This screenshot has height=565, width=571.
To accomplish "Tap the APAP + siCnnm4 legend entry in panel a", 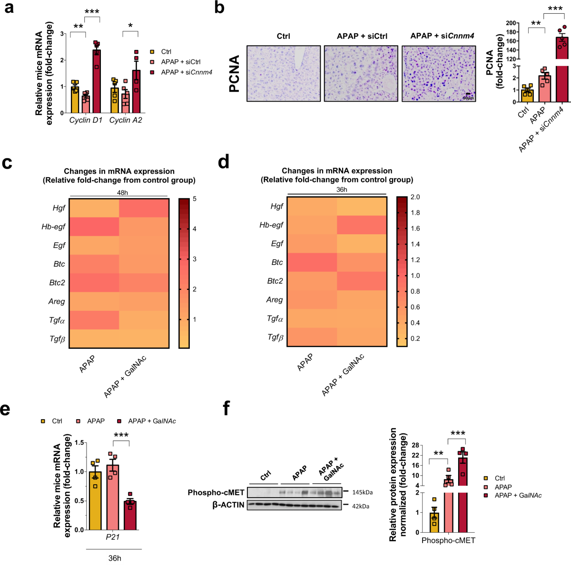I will point(186,72).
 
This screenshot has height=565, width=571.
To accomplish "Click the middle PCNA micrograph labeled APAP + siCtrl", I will point(361,74).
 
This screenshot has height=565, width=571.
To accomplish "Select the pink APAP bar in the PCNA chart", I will point(544,89).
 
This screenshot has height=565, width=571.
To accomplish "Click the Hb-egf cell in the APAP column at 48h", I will point(94,227).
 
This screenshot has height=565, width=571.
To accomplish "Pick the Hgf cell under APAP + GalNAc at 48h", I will point(144,208).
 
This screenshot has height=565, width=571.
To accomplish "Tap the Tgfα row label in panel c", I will point(57,320).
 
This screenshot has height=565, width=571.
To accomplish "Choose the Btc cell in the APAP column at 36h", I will point(312,262).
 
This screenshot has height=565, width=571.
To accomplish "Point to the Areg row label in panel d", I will point(275,300).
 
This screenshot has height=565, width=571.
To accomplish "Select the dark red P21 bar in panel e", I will point(130,515).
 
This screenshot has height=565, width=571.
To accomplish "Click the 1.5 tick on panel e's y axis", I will point(79,443).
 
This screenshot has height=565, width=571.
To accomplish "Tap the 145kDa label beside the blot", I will point(362,493).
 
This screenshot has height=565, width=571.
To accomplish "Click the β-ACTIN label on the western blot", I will point(228,505).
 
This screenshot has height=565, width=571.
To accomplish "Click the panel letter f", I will point(227,408).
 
